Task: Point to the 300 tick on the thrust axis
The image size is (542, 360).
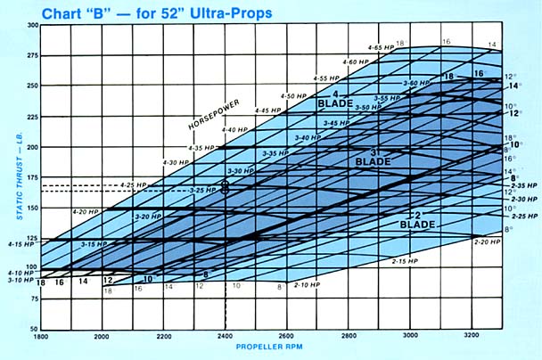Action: click(31, 25)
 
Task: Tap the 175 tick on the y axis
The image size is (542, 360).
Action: click(31, 177)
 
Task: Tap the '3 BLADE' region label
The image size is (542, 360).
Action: click(366, 158)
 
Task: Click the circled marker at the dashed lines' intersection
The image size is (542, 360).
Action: click(225, 187)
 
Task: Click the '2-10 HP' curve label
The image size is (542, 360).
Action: click(309, 283)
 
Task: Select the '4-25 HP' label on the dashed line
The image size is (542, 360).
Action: click(131, 184)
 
